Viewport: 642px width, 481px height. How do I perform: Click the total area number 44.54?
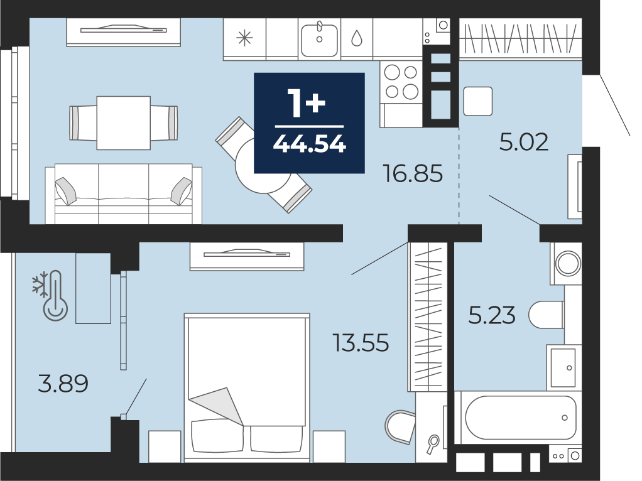[x=309, y=144]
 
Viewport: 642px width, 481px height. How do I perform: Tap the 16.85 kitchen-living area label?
[x=413, y=173]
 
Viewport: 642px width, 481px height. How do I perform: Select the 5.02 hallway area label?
[x=524, y=142]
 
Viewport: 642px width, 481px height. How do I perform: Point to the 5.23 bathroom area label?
[x=492, y=316]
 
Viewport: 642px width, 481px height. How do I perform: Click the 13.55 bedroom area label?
[x=361, y=343]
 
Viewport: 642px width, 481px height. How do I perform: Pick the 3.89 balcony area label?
[x=63, y=384]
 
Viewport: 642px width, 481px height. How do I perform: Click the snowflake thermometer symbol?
[x=51, y=295]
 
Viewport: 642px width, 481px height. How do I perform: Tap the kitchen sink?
[x=319, y=40]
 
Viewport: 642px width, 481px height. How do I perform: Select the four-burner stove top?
[x=401, y=82]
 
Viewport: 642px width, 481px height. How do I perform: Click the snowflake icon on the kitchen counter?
[x=244, y=38]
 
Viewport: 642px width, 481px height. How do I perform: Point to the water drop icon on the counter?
[x=357, y=38]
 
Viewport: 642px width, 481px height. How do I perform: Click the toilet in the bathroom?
[x=546, y=315]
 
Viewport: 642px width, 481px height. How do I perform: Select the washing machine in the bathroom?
[x=566, y=263]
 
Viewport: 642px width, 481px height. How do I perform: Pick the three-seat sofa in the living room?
[x=123, y=193]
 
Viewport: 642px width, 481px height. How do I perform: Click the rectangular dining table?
[x=124, y=123]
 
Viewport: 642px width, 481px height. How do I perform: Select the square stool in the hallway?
[x=478, y=101]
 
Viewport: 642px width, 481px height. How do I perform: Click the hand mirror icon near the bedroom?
[x=432, y=444]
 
